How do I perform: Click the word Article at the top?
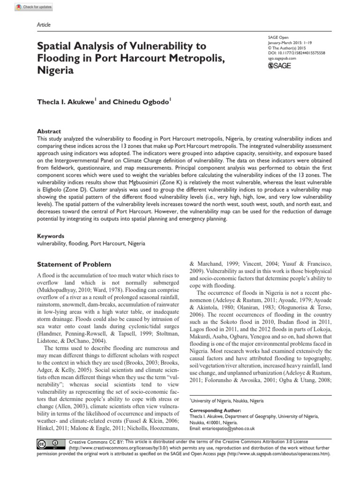click(x=44, y=24)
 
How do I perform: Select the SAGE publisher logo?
click(x=279, y=66)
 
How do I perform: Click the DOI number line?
click(x=295, y=53)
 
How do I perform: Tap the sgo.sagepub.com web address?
click(x=281, y=58)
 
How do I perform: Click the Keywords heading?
click(x=50, y=236)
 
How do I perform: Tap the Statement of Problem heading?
click(x=74, y=264)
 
